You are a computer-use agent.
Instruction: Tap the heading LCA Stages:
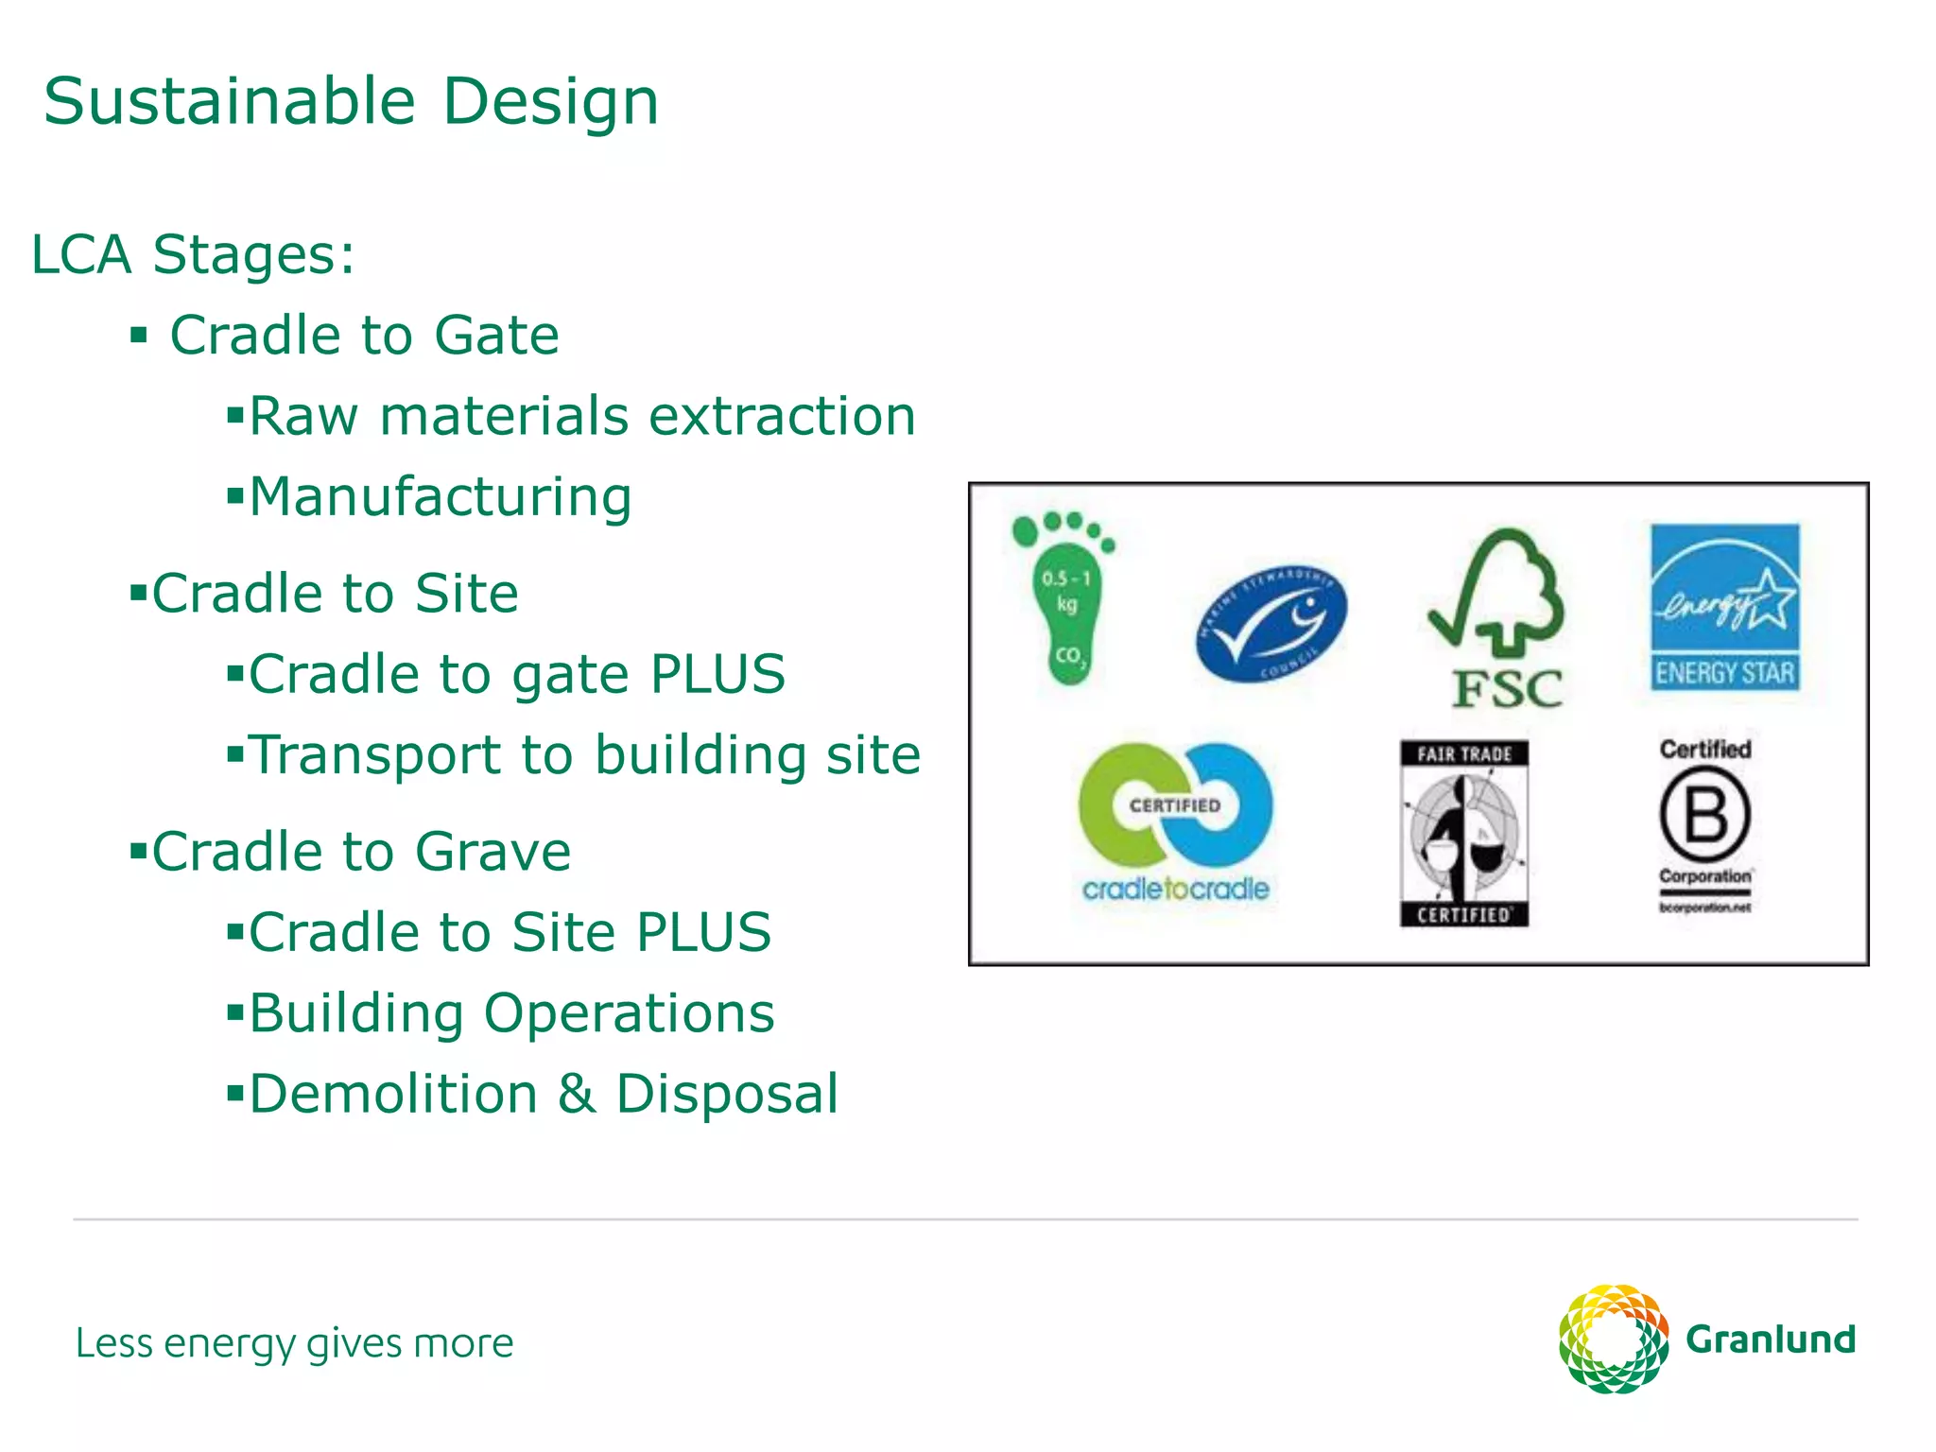click(x=193, y=255)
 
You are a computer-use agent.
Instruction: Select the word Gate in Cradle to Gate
click(x=496, y=336)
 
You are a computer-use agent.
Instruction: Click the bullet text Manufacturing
click(x=441, y=497)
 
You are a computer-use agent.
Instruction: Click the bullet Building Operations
click(x=511, y=1013)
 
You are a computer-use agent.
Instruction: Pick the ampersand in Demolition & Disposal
click(x=576, y=1095)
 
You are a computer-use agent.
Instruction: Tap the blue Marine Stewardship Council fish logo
click(x=1271, y=625)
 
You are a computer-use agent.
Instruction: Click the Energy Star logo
click(x=1725, y=607)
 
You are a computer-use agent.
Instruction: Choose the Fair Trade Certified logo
click(x=1463, y=832)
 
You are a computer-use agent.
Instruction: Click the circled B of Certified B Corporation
click(x=1705, y=815)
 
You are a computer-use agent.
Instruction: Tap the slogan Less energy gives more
click(x=294, y=1343)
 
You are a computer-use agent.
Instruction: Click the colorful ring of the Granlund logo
click(x=1613, y=1339)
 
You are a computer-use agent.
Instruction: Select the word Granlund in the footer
click(x=1771, y=1340)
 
